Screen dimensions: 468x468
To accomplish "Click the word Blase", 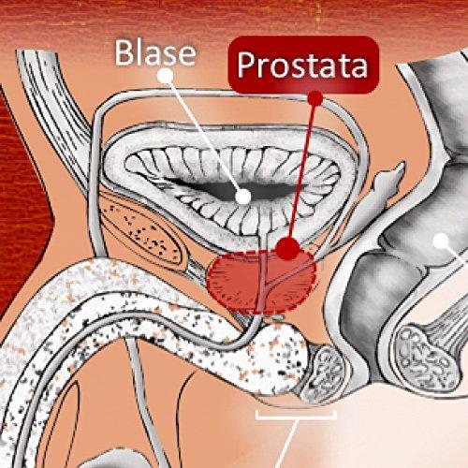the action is point(155,53).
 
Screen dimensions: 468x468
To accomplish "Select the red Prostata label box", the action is point(303,65).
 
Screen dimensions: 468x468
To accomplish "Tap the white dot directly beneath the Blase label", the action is point(166,76).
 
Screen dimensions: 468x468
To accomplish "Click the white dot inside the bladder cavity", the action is point(243,197).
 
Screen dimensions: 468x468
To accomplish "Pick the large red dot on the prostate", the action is point(288,247).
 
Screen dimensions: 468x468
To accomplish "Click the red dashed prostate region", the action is point(261,281).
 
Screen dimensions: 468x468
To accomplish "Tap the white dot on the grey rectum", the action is point(442,241).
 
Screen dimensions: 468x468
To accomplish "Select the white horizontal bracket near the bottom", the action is point(296,416).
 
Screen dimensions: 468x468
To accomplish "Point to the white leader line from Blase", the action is point(204,136).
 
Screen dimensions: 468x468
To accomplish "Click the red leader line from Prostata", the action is point(302,171).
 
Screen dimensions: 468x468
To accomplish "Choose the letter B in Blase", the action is point(124,53).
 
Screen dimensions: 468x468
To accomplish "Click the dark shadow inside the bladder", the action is point(231,186).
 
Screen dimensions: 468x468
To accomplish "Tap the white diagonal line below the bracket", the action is point(286,444).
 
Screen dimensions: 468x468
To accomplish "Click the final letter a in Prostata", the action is point(358,67).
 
